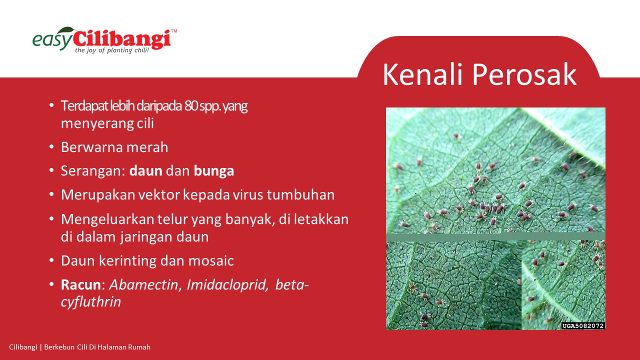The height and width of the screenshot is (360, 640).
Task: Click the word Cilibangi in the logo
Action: pos(122,39)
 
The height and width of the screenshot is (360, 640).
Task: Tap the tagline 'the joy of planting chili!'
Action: pos(112,50)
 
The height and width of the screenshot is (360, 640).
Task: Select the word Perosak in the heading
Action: pos(524,74)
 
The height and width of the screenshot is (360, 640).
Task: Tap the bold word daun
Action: pos(145,171)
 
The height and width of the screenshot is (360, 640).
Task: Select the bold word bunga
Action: pos(213,171)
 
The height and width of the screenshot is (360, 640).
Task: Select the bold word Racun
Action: pos(81,285)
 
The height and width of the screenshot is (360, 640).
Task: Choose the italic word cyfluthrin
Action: pos(91,302)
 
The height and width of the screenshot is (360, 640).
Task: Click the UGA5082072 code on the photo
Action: pos(583,325)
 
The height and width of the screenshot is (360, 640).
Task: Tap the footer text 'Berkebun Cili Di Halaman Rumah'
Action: pos(97,347)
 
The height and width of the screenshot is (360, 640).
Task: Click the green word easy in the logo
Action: pos(52,40)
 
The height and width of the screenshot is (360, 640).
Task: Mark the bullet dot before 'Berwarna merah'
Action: pos(51,147)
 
